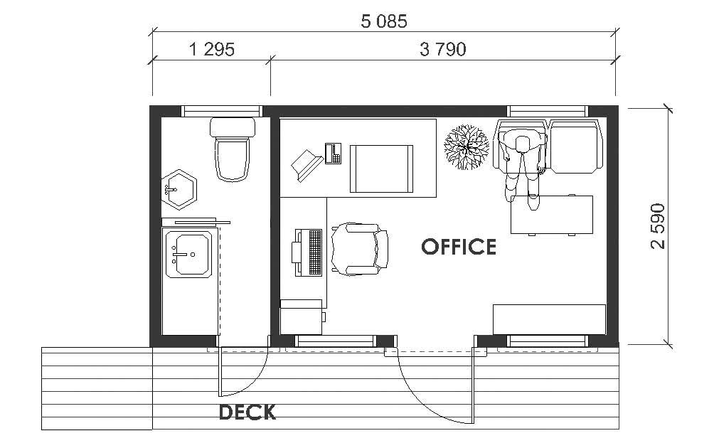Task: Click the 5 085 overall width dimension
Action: pos(384,21)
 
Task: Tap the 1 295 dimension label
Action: pos(211,49)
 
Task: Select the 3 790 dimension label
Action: pos(442,49)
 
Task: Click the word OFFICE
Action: pos(459,247)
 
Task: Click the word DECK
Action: pos(247,412)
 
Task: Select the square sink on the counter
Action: pos(188,255)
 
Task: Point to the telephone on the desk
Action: pos(333,153)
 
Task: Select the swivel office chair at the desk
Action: pos(359,249)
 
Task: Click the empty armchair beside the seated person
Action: pos(575,146)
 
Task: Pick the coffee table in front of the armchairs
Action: pos(552,214)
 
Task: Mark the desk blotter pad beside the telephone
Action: pos(381,168)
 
